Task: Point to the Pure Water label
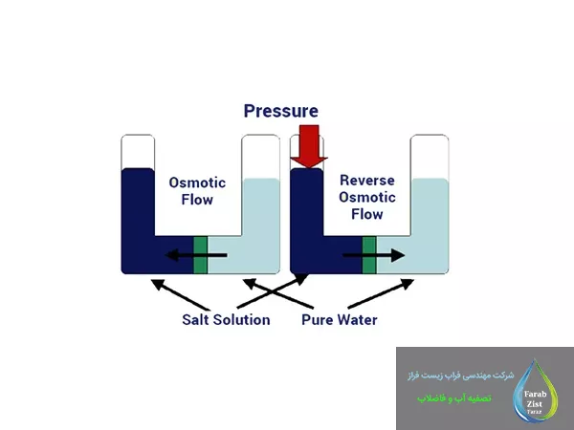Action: click(x=340, y=320)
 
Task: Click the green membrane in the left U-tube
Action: click(x=200, y=255)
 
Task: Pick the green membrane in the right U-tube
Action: click(x=369, y=255)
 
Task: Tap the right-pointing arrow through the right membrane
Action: click(x=374, y=255)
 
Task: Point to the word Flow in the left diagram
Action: click(x=196, y=200)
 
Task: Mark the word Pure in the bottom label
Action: click(x=317, y=320)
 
